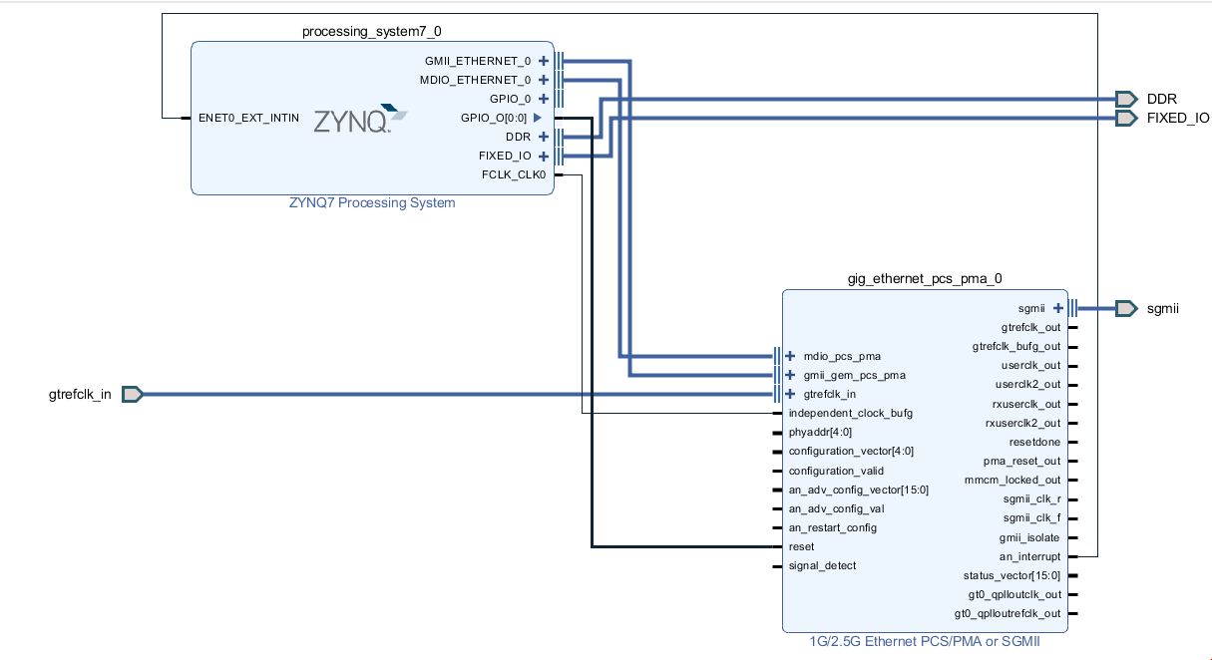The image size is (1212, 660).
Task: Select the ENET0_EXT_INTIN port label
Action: coord(248,118)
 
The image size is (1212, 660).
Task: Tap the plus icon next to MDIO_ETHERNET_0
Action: coord(544,80)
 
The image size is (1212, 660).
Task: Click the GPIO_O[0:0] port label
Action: coord(493,118)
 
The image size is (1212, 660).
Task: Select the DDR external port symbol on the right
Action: coord(1126,99)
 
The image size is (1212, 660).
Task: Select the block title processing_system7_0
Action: coord(371,32)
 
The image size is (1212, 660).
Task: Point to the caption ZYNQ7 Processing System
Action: coord(371,203)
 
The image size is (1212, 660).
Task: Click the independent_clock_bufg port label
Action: coord(850,413)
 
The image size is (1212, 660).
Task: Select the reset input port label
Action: coord(801,546)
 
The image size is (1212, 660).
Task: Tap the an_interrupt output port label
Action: coord(1029,556)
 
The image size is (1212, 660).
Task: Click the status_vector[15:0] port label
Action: coord(1011,575)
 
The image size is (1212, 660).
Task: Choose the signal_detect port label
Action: coord(822,565)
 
